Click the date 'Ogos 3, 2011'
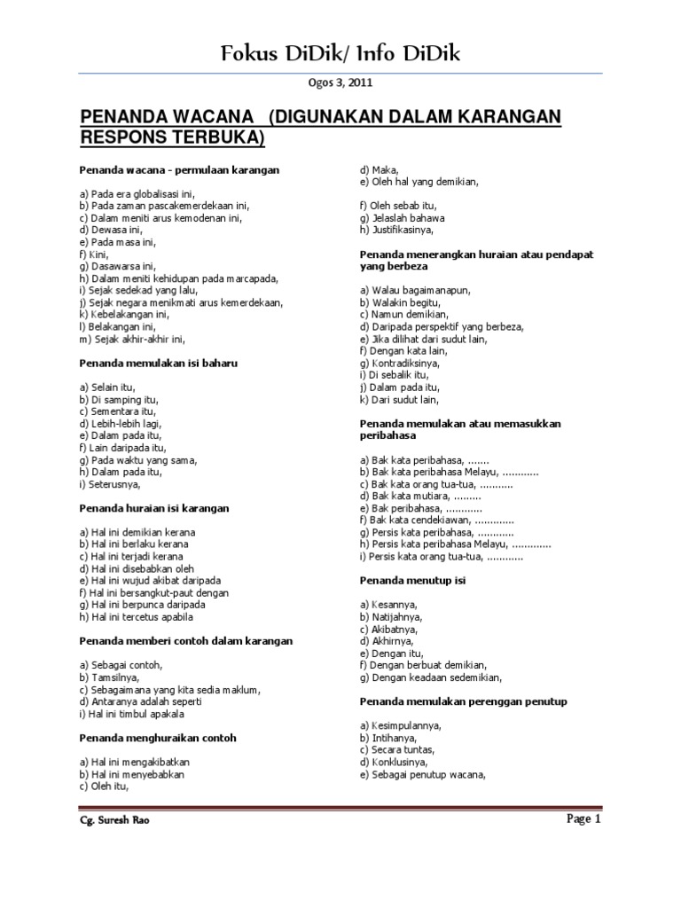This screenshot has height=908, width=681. (340, 83)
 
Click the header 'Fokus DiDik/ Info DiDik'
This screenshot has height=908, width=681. (340, 55)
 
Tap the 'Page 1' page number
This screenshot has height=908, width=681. (583, 820)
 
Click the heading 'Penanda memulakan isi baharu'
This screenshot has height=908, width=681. (159, 364)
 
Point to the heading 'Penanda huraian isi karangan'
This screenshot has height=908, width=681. (154, 508)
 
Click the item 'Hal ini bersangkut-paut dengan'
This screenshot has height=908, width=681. (153, 592)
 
